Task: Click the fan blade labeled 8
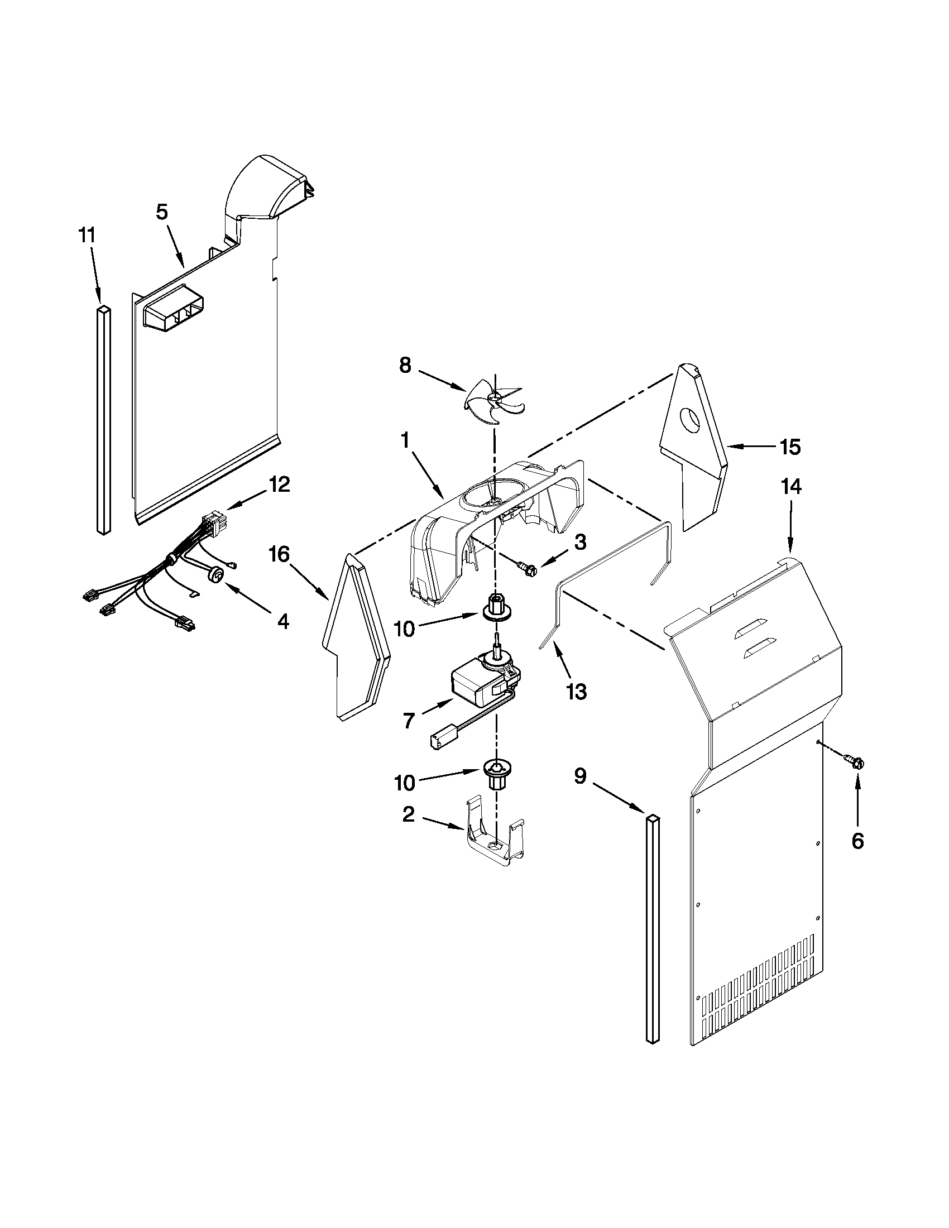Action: [x=493, y=400]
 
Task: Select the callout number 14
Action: [x=790, y=487]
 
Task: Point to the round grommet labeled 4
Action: [x=216, y=572]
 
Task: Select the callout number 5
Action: [x=161, y=213]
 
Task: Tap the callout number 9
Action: [x=581, y=776]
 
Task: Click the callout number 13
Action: [x=577, y=692]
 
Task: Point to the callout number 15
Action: [x=790, y=447]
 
